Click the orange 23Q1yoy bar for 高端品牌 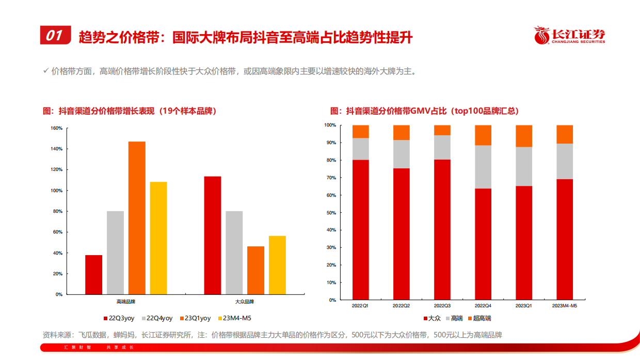(137, 217)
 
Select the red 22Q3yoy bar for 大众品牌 (213, 235)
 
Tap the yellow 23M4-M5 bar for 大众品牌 (277, 265)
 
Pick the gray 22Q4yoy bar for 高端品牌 (115, 253)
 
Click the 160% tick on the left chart (56, 128)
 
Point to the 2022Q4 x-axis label (483, 306)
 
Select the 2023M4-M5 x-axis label (564, 306)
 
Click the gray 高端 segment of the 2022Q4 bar (483, 167)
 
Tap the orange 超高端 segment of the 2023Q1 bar (524, 136)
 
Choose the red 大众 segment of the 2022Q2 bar (401, 233)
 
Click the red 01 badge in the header (55, 35)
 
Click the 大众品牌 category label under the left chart (245, 301)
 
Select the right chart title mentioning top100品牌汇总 (424, 111)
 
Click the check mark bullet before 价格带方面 (46, 71)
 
